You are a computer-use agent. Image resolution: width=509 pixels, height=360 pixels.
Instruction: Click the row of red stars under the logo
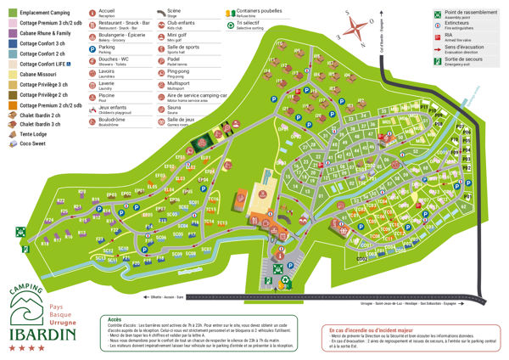(x=44, y=348)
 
